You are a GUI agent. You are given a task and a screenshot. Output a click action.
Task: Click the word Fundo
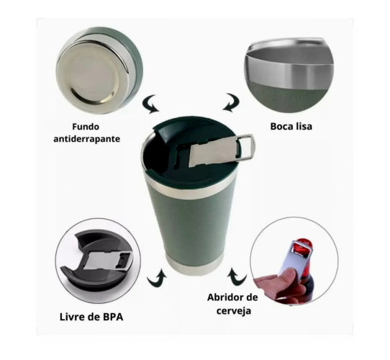[x=86, y=127]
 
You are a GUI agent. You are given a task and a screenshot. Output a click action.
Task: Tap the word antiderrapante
[x=87, y=139]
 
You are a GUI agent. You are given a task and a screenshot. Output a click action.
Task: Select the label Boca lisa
[x=291, y=127]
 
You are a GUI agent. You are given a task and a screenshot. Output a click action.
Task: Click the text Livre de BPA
[x=91, y=317]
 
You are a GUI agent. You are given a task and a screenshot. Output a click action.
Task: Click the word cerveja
[x=234, y=311]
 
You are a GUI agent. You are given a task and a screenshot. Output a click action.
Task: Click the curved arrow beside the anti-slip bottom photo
[x=150, y=104]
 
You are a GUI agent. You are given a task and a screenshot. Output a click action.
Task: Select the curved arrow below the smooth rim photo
[x=231, y=102]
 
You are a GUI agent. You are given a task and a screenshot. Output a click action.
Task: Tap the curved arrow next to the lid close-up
[x=157, y=278]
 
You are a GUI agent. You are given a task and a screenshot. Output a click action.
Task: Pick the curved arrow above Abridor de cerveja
[x=236, y=276]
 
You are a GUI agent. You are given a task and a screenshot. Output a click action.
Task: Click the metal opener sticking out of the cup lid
[x=222, y=150]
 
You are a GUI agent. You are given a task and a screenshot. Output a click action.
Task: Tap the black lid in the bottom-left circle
[x=99, y=261]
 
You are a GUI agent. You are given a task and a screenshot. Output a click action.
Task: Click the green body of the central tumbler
[x=193, y=224]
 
